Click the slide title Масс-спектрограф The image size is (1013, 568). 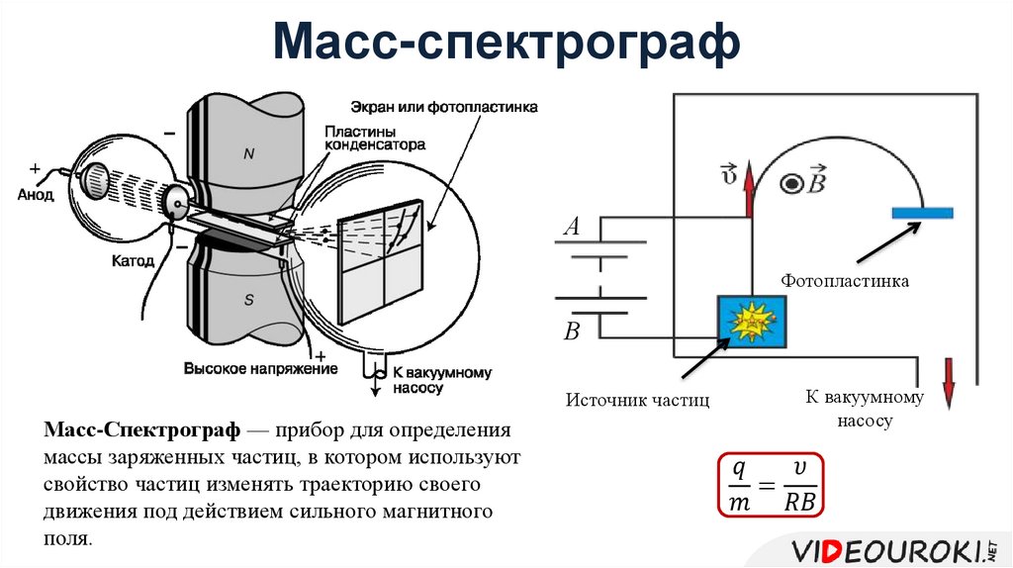(x=506, y=45)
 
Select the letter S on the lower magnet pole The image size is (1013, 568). (x=249, y=301)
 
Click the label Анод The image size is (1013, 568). (x=35, y=195)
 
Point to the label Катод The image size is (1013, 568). (x=133, y=261)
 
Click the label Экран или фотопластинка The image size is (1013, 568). (x=443, y=107)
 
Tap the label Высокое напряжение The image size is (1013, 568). (x=260, y=369)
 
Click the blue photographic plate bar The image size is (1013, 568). (x=922, y=213)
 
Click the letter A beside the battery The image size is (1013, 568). (x=571, y=228)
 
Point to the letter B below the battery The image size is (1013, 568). (x=571, y=331)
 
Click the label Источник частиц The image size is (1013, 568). (x=638, y=400)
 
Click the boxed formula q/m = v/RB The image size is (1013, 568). (x=772, y=486)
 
